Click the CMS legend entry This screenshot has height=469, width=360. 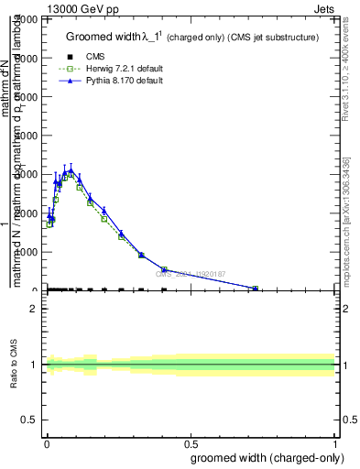96,57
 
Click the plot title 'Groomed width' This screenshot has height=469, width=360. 102,37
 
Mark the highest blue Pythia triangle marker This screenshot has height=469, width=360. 71,169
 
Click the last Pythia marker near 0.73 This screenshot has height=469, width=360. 256,288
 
